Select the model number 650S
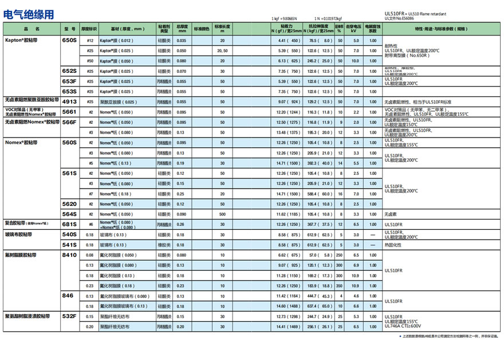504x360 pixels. (x=69, y=41)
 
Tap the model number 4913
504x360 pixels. (x=69, y=101)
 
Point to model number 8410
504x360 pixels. (x=69, y=255)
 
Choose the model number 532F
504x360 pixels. (x=69, y=316)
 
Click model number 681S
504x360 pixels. (x=69, y=224)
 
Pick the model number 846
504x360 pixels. (x=68, y=296)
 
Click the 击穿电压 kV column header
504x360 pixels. (x=356, y=28)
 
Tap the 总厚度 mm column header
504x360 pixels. (x=182, y=28)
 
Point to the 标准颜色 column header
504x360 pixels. (x=202, y=28)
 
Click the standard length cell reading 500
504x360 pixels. (x=222, y=214)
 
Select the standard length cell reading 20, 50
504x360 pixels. (x=222, y=51)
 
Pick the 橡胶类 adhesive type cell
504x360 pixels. (x=163, y=245)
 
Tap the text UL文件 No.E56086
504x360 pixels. (x=401, y=19)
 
